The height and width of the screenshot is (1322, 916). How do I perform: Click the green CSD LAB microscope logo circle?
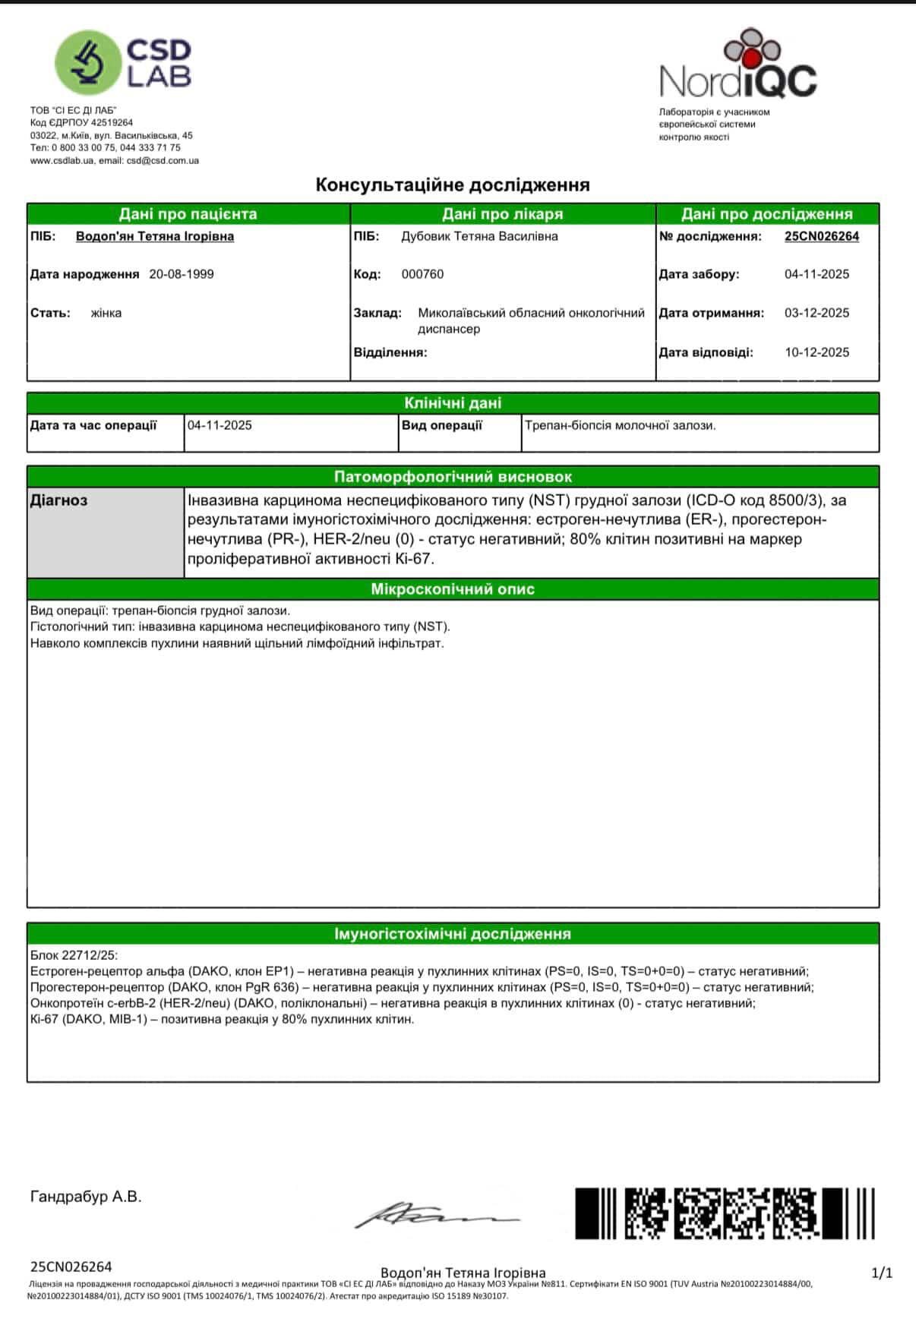(88, 63)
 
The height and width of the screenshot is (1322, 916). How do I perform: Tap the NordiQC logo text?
(738, 80)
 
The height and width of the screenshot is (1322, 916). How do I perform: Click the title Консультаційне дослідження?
(453, 185)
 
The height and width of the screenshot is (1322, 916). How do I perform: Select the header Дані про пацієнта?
(188, 214)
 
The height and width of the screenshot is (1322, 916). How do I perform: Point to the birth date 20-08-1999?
(182, 274)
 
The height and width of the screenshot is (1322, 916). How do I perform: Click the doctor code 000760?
(422, 274)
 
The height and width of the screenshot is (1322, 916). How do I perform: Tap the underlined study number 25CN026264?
(821, 236)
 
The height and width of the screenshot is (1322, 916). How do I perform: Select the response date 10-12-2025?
(817, 352)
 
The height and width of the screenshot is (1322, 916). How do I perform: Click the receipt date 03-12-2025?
(817, 313)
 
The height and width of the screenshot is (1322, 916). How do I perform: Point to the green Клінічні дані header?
(453, 403)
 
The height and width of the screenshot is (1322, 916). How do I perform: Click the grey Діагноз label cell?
(105, 532)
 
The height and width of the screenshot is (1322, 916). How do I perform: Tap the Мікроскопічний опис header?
(453, 589)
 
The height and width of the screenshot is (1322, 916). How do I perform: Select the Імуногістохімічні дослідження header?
(453, 934)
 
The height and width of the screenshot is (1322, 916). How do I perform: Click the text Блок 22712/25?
(74, 955)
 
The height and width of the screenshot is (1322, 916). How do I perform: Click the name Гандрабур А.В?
(86, 1197)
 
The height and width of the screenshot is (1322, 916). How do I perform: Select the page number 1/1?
(882, 1273)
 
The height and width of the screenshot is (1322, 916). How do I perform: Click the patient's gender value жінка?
(106, 313)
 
